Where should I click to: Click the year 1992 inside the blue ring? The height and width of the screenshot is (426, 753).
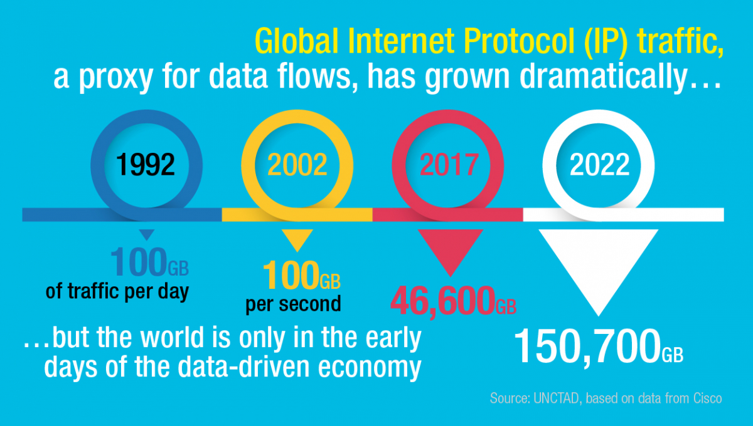point(146,165)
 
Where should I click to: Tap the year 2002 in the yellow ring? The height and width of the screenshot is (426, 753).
point(297,165)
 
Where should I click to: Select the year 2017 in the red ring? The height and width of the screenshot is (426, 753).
point(449,165)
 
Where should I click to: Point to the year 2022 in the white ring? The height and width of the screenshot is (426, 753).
point(599,165)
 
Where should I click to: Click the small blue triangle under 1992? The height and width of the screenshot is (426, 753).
point(147,234)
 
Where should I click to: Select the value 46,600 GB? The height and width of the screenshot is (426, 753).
point(453,301)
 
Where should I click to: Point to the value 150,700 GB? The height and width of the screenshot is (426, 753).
point(599,346)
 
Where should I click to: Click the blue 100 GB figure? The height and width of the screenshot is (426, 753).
point(149,262)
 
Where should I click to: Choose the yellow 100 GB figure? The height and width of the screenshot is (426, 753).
point(302,275)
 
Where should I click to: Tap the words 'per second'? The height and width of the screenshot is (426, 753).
point(293,304)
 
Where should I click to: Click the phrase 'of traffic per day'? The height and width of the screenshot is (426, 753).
point(117,291)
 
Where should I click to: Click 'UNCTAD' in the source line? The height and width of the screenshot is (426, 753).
point(556,398)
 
